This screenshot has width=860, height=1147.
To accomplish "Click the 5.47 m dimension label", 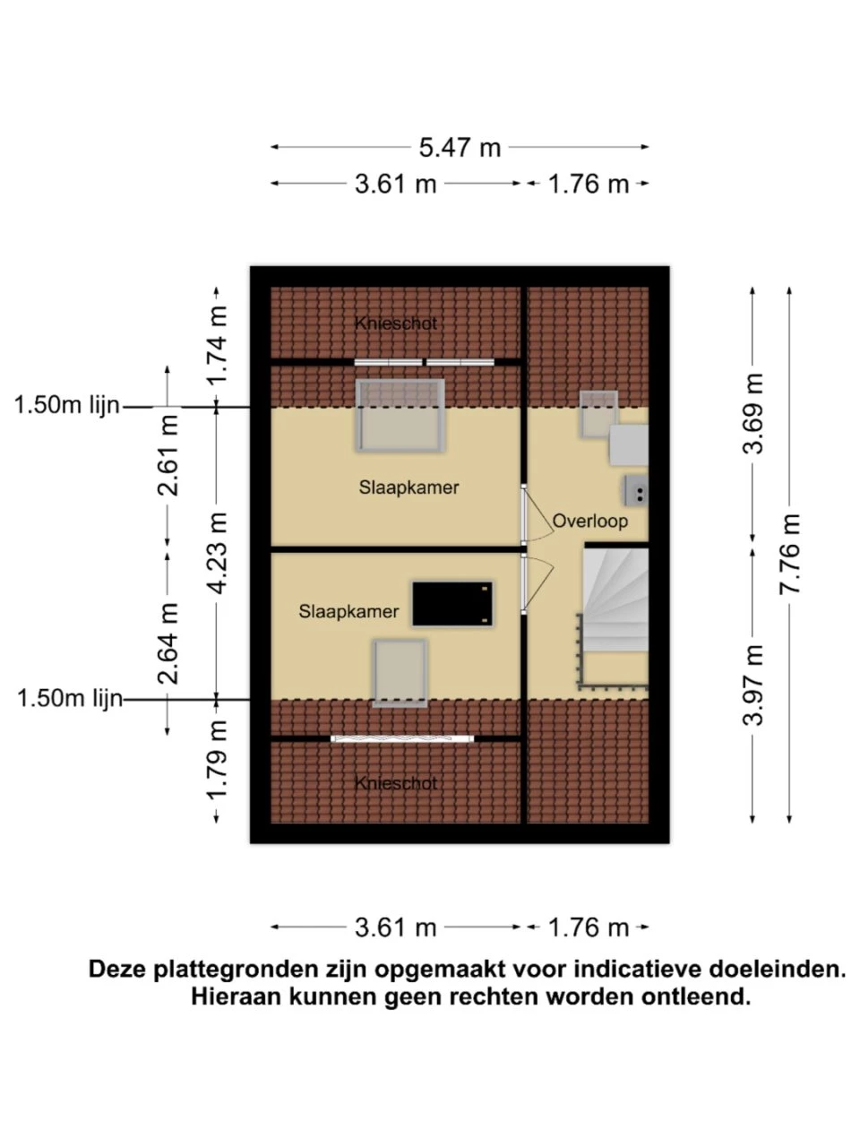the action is [460, 148].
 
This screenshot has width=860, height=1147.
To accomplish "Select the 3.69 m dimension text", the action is [753, 413].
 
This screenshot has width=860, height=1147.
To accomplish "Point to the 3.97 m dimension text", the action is [753, 686].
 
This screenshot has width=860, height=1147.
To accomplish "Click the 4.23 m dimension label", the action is [217, 553].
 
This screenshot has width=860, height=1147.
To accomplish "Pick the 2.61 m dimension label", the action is [168, 455].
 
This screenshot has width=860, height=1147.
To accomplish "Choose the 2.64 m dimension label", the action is [168, 643].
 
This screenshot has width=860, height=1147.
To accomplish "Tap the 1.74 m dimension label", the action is [217, 345].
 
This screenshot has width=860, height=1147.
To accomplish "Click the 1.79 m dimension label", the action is [217, 760].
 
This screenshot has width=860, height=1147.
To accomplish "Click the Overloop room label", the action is [590, 522].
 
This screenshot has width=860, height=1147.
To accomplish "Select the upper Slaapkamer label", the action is [408, 487].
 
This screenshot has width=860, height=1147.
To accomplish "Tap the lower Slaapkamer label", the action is [348, 611].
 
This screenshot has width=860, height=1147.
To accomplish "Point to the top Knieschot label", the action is [396, 323].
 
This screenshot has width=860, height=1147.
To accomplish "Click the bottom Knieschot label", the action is [396, 783].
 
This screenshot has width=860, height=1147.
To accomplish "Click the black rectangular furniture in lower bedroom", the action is [452, 604].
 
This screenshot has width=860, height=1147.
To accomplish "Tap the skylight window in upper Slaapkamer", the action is [400, 416].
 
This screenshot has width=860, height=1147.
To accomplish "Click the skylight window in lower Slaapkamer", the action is [400, 673].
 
